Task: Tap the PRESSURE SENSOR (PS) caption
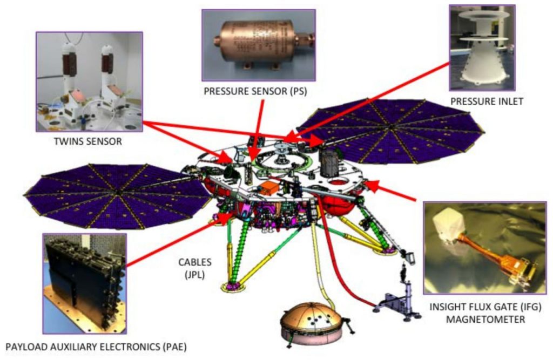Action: pos(255,91)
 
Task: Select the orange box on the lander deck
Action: pos(268,188)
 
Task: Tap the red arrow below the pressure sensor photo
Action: pos(257,130)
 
